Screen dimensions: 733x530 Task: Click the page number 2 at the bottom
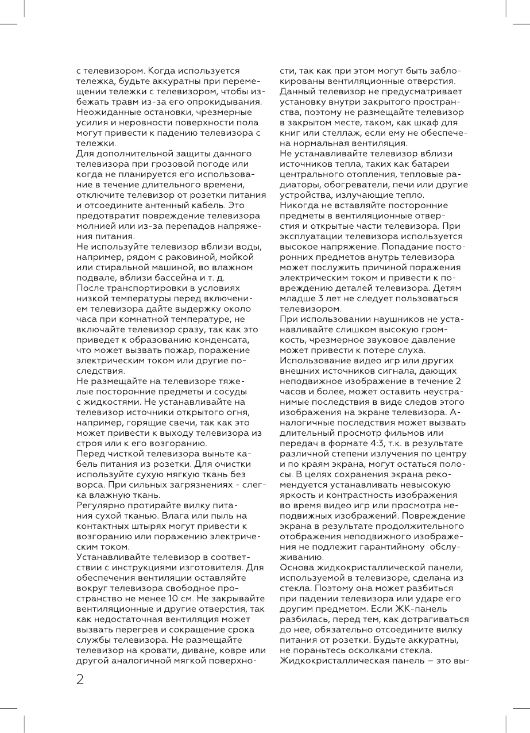[80, 680]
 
